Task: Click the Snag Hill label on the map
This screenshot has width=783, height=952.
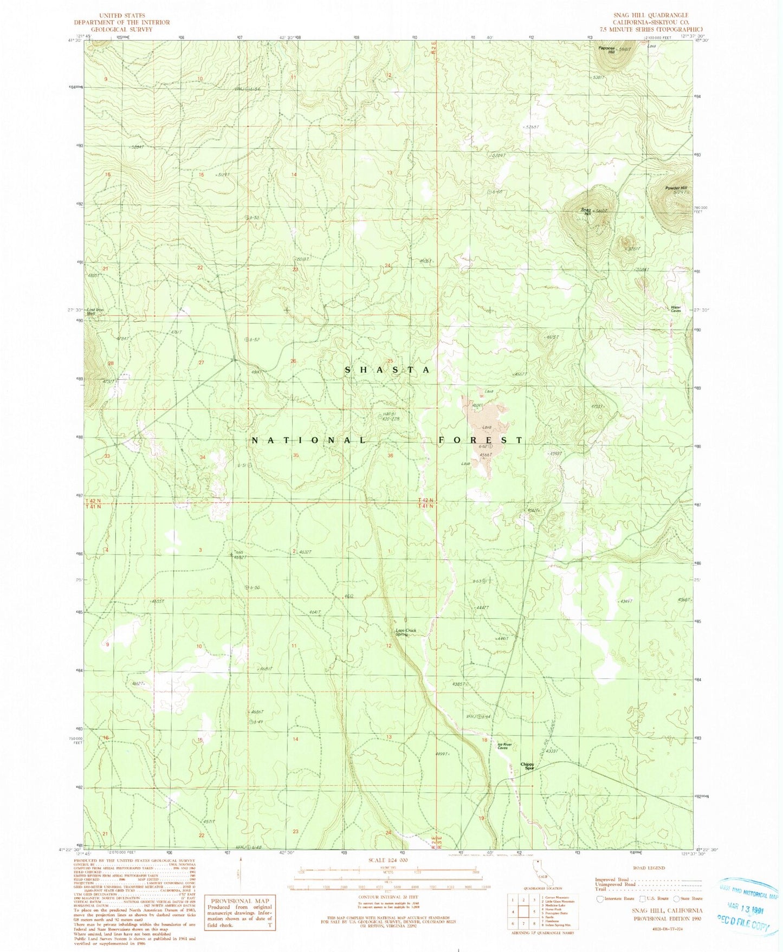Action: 586,211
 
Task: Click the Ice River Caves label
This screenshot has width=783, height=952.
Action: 504,747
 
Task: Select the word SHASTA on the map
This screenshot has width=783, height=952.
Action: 388,370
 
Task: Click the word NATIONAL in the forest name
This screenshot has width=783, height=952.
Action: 309,441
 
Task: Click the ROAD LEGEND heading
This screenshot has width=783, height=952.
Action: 648,867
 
